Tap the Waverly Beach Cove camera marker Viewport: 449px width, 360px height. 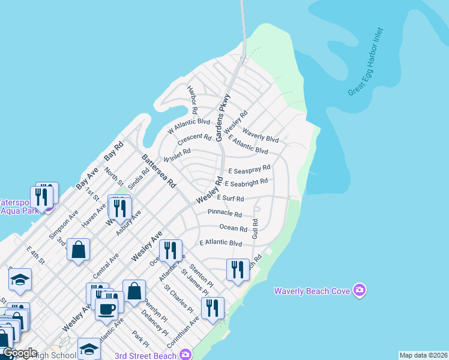[360, 291]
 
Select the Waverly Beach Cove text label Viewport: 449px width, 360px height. [312, 292]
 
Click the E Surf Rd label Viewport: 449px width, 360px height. [231, 199]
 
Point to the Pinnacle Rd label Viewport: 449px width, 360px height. [224, 214]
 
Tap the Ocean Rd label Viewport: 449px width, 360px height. [234, 229]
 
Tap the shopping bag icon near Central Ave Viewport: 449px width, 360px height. [79, 250]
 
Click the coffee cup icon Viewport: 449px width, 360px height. [107, 309]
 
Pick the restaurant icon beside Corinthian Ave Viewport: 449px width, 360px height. [212, 308]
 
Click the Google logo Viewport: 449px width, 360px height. [20, 353]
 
